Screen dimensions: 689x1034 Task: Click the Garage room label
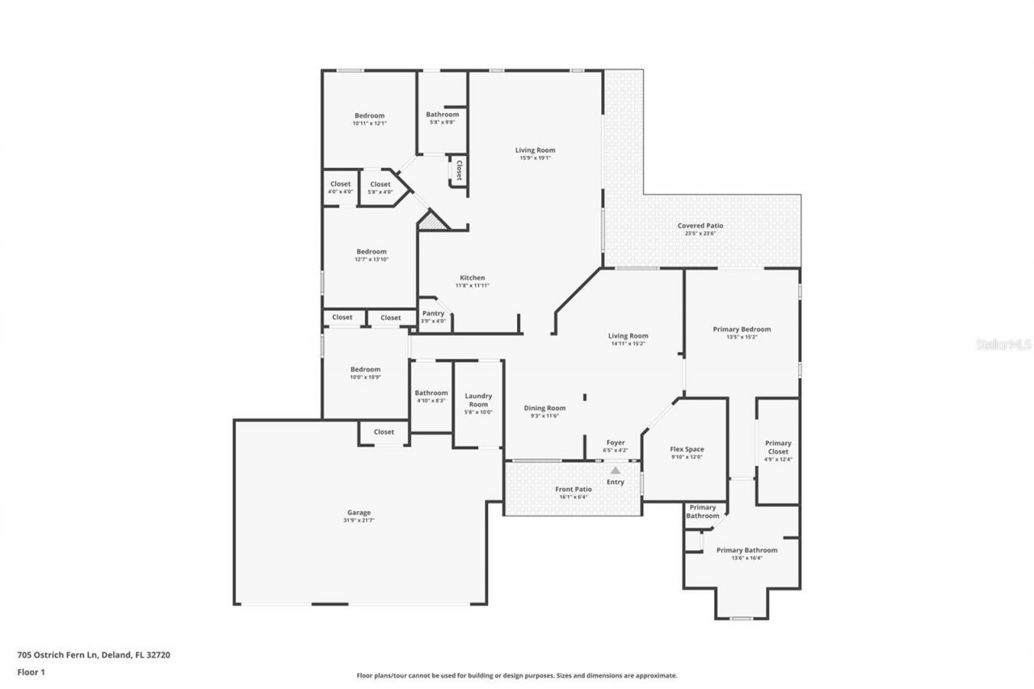(x=359, y=512)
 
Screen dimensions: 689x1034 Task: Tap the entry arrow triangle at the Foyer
(x=616, y=469)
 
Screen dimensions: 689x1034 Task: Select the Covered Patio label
(x=700, y=226)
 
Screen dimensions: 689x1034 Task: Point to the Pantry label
(x=433, y=313)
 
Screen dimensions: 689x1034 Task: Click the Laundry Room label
(x=478, y=400)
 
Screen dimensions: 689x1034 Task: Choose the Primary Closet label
(x=778, y=447)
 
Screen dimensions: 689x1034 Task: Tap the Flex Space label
(x=687, y=449)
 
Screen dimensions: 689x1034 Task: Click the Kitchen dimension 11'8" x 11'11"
(x=472, y=286)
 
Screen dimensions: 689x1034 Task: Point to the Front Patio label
(x=573, y=489)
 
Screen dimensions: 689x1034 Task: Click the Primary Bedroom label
(x=742, y=329)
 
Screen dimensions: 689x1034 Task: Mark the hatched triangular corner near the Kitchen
(x=432, y=222)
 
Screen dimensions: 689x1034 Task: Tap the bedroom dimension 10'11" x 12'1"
(x=369, y=124)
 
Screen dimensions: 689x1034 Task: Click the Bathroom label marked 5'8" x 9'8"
(x=442, y=115)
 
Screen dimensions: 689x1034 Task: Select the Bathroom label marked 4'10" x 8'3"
(x=431, y=393)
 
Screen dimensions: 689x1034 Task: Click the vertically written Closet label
(x=459, y=170)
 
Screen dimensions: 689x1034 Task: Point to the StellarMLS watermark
(x=1003, y=343)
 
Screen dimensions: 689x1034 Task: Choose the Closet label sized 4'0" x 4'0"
(x=340, y=184)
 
